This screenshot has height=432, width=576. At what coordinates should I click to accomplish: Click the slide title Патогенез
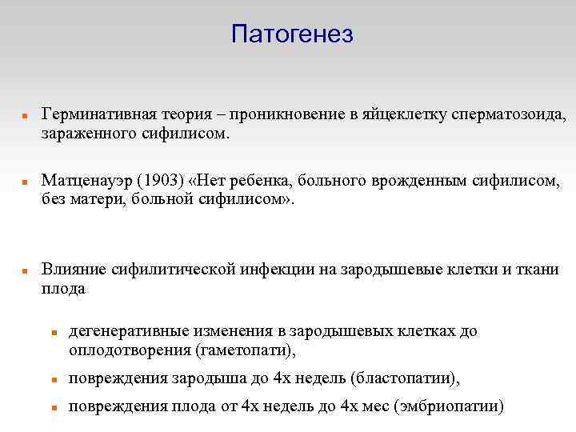point(292,34)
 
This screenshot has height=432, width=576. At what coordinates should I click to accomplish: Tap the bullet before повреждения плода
point(53,407)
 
